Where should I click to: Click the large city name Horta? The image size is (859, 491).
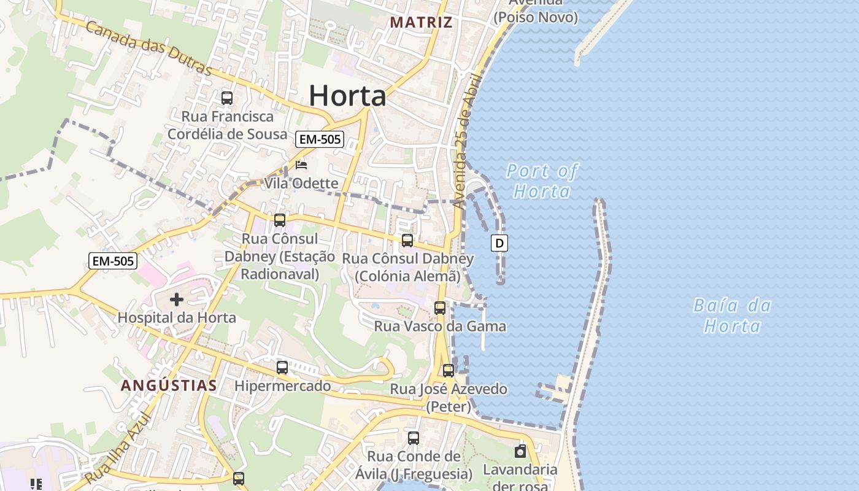point(347,96)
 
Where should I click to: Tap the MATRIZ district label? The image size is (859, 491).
point(421,23)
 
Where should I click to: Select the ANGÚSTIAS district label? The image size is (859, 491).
point(169,385)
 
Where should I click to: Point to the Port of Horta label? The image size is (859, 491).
point(542,181)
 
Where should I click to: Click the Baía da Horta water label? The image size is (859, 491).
point(733,315)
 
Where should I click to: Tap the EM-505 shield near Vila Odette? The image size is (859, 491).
point(319,139)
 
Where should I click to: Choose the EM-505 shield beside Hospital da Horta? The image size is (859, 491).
point(112,261)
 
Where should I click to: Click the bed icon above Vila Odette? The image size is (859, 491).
point(301,165)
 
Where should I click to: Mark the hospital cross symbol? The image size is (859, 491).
point(177,300)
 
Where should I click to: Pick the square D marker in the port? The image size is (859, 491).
point(499,244)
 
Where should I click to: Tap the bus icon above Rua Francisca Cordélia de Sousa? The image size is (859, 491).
point(227,98)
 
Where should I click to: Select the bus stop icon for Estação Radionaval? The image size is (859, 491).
point(280,220)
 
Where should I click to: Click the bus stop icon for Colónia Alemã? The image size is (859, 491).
point(407,241)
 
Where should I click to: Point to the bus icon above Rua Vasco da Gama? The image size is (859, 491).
point(440,308)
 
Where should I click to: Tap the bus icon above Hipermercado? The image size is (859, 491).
point(282,368)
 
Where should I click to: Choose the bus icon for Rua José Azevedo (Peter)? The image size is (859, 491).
point(449,371)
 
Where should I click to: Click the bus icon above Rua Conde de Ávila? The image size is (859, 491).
point(414,438)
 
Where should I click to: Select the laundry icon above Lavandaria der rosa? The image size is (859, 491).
point(520,452)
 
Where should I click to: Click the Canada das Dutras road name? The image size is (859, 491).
point(148,47)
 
